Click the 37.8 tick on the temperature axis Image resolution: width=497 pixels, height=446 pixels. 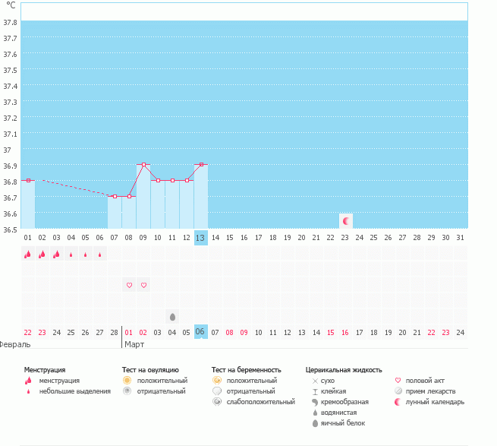(x=11, y=21)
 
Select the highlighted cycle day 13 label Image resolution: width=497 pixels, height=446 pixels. (x=200, y=238)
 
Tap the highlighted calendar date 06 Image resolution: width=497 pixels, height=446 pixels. (x=200, y=332)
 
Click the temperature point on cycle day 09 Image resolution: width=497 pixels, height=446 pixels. (x=143, y=164)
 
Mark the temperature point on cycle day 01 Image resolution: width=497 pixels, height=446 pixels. (x=28, y=180)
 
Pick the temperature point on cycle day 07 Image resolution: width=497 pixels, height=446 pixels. (x=115, y=196)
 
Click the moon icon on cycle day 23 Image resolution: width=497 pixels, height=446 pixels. (x=346, y=221)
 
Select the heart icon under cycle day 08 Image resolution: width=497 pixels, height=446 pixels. (x=129, y=285)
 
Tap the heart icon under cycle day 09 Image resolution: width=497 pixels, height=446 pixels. (x=143, y=285)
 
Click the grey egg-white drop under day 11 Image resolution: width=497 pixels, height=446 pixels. (x=172, y=316)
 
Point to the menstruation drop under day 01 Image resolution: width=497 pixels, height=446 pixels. (x=27, y=255)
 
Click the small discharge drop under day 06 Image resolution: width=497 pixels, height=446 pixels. (x=100, y=255)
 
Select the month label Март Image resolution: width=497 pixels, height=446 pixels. (x=134, y=344)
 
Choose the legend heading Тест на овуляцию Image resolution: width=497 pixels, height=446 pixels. (x=151, y=369)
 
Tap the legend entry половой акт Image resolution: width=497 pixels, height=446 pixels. (x=425, y=380)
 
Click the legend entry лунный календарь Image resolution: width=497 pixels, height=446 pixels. (x=435, y=401)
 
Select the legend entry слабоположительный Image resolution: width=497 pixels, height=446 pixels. (x=260, y=401)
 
